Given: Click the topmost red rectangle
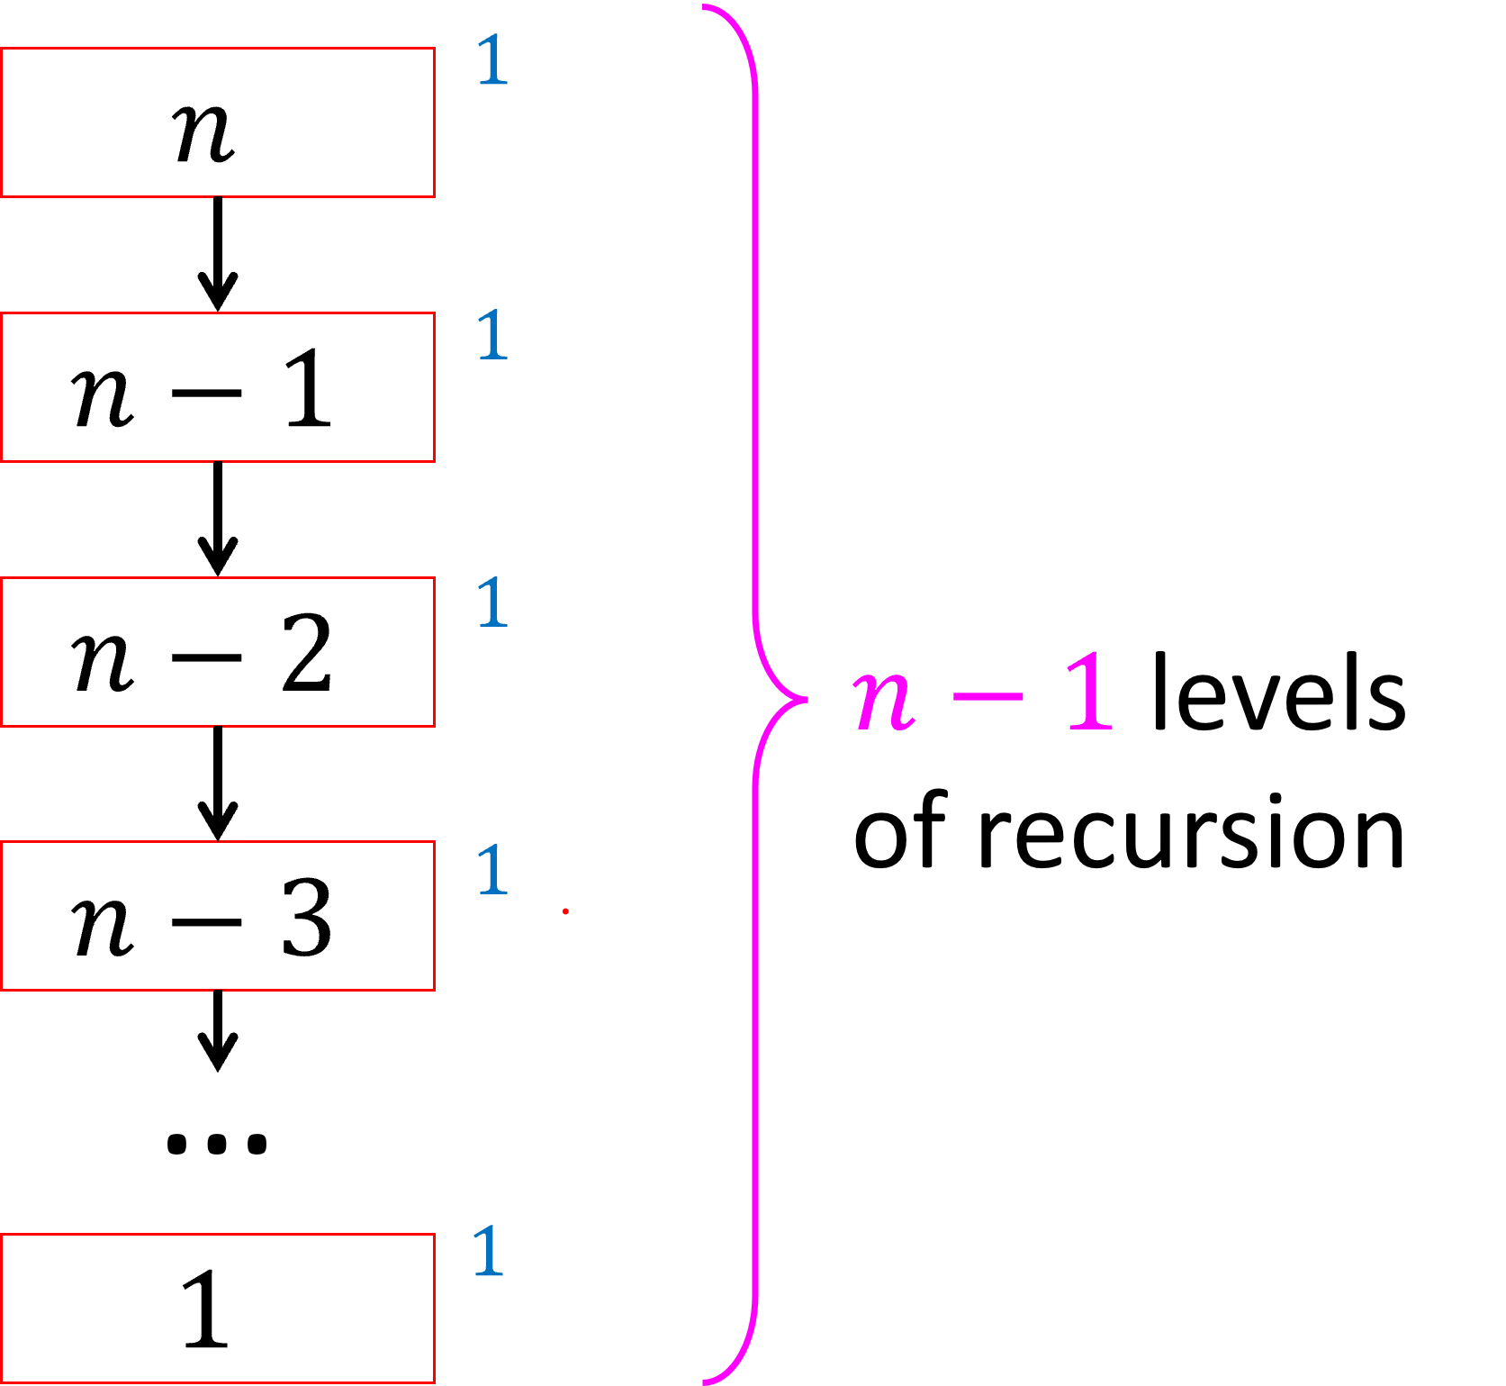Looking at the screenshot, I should pos(218,122).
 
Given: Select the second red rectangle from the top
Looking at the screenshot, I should pos(218,387).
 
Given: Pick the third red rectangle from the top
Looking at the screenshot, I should pos(218,652).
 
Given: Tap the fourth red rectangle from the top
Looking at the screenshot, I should pos(218,916).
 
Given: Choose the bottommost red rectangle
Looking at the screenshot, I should pos(218,1309).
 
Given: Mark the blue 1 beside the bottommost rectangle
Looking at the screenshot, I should pos(489,1251).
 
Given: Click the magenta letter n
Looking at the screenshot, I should pos(885,701).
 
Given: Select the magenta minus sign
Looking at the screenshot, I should pos(988,696).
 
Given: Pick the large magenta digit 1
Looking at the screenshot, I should pos(1090,692).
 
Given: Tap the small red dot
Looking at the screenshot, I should pos(565,911).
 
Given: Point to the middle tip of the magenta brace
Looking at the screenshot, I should pos(806,699).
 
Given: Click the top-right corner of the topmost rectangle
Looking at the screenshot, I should pos(435,49).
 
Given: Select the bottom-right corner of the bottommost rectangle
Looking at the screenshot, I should pos(435,1382).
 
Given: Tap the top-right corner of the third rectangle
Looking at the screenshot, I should pos(435,578).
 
